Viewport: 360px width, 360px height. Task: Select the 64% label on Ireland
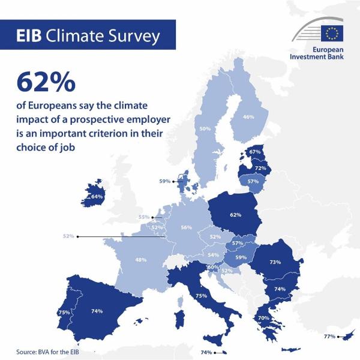click(97, 196)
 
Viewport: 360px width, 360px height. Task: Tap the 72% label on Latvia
click(260, 169)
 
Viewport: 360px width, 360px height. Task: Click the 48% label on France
click(140, 260)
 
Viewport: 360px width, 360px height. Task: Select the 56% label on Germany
click(186, 227)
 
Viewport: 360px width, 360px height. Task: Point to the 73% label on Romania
click(275, 262)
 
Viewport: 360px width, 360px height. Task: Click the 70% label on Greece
click(263, 317)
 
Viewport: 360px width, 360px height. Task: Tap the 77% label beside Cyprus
click(329, 336)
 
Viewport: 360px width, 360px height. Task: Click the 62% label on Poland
click(235, 214)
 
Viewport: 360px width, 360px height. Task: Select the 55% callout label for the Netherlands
click(143, 217)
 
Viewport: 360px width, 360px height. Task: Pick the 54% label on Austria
click(213, 255)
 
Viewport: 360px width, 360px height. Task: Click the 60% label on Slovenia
click(212, 266)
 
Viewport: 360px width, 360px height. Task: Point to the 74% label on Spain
click(97, 311)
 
